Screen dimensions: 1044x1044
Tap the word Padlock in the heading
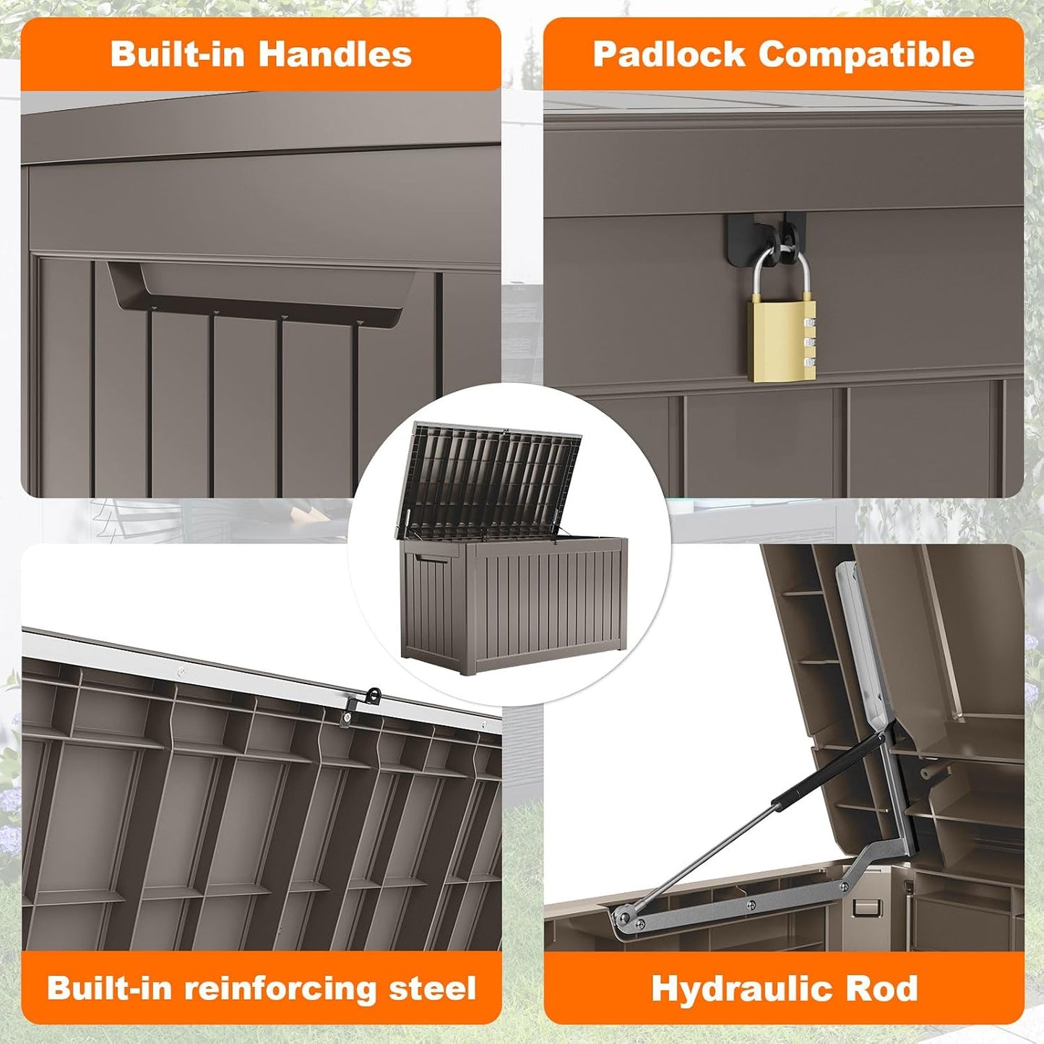[x=669, y=54]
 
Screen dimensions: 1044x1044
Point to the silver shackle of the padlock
[x=782, y=271]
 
